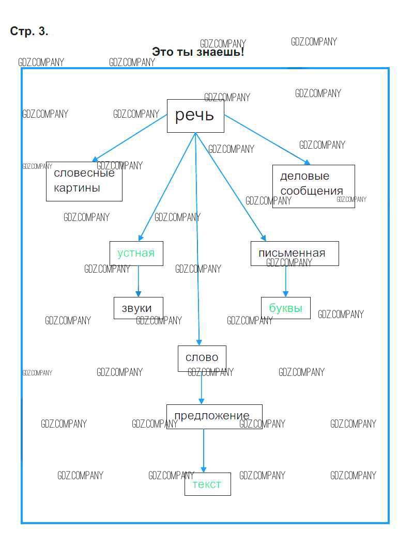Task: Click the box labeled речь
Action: tap(195, 116)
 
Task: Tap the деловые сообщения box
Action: tap(313, 186)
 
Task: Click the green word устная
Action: tap(136, 253)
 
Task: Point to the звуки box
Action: tap(138, 308)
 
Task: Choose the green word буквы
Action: tap(285, 308)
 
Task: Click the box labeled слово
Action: tap(202, 358)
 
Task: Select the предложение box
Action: tap(213, 416)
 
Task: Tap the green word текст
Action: tap(207, 484)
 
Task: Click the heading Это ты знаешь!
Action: tap(198, 52)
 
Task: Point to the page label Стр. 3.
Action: tap(29, 31)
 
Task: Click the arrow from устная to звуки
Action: tap(138, 281)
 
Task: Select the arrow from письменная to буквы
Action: tap(285, 281)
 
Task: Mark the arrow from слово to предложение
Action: tap(202, 388)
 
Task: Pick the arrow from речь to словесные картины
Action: tap(129, 138)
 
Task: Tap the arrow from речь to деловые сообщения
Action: tap(266, 139)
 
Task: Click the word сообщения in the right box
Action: tap(311, 191)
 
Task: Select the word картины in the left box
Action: tap(77, 188)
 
